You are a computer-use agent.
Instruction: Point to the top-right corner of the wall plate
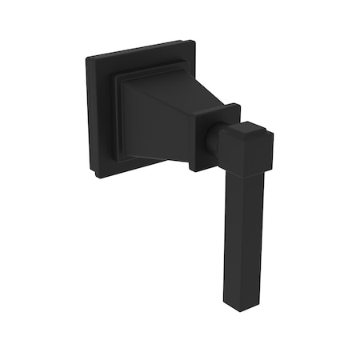[x=191, y=41]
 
